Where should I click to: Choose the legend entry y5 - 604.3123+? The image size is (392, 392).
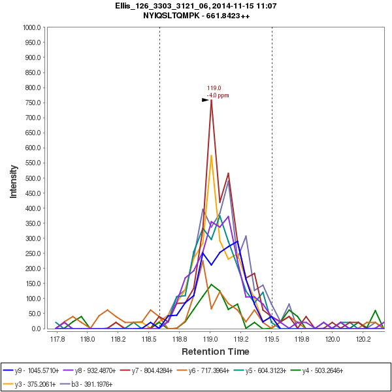(x=276, y=370)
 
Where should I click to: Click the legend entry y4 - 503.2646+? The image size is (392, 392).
(x=336, y=370)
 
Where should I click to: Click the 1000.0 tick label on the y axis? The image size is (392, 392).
(x=32, y=27)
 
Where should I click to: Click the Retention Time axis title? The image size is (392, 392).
(x=216, y=351)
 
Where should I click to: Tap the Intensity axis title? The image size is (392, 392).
(x=13, y=178)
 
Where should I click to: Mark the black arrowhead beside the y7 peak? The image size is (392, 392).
(x=205, y=100)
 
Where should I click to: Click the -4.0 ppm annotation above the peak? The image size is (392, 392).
(x=218, y=95)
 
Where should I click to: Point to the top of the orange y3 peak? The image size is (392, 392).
(x=211, y=155)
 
